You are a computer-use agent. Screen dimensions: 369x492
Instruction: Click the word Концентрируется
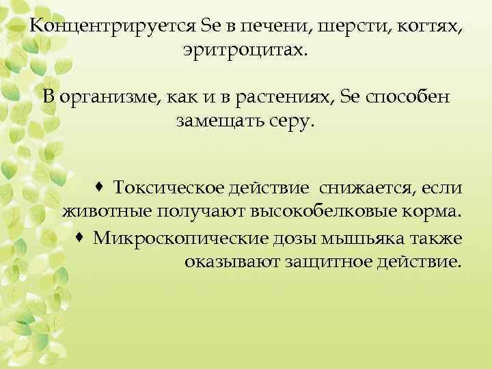(113, 26)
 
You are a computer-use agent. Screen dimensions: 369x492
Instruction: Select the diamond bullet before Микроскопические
(80, 236)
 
